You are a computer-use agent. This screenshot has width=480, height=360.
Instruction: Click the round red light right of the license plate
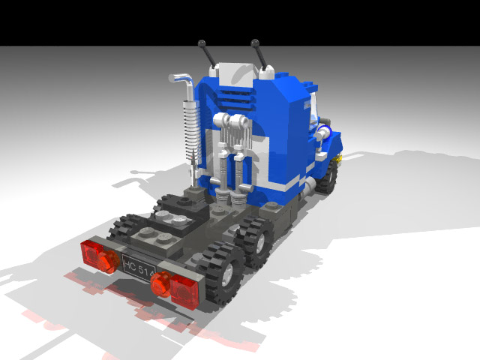pos(159,284)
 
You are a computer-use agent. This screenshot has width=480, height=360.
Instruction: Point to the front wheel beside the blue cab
pos(328,178)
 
